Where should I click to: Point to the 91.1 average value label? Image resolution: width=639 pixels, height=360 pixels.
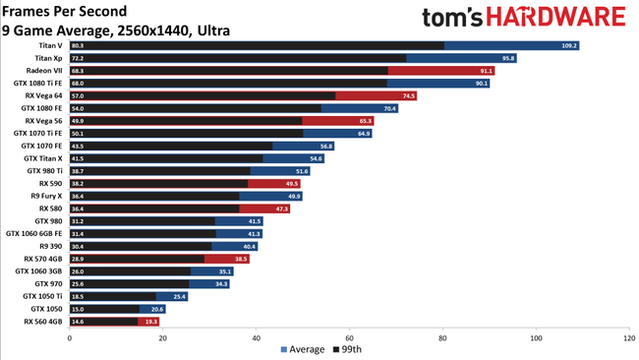coord(485,71)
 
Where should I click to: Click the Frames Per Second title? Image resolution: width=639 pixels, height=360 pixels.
coord(65,11)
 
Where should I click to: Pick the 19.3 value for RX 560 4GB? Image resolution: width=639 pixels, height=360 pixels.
coord(150,321)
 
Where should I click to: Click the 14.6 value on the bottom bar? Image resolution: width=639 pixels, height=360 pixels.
coord(78,321)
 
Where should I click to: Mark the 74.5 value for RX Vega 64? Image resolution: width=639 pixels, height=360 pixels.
coord(408,95)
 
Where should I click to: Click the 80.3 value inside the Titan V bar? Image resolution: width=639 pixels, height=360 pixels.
coord(78,45)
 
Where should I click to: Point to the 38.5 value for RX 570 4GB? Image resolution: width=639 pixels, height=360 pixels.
coord(240,259)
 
